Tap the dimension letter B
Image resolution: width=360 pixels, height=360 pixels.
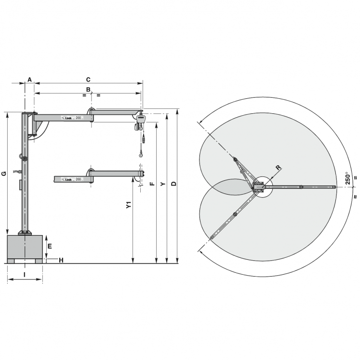pyautogui.click(x=88, y=90)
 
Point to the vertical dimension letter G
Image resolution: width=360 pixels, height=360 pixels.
pyautogui.click(x=4, y=173)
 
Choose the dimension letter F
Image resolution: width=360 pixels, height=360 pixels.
pyautogui.click(x=153, y=184)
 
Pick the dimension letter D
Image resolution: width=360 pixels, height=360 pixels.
pyautogui.click(x=174, y=184)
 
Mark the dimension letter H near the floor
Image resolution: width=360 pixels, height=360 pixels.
pyautogui.click(x=61, y=261)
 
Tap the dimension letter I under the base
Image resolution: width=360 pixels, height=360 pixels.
pyautogui.click(x=25, y=275)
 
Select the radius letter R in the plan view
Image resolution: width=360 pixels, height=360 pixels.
pyautogui.click(x=278, y=168)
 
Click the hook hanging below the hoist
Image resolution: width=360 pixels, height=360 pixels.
pyautogui.click(x=141, y=154)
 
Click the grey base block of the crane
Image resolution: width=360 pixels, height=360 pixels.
pyautogui.click(x=25, y=247)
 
